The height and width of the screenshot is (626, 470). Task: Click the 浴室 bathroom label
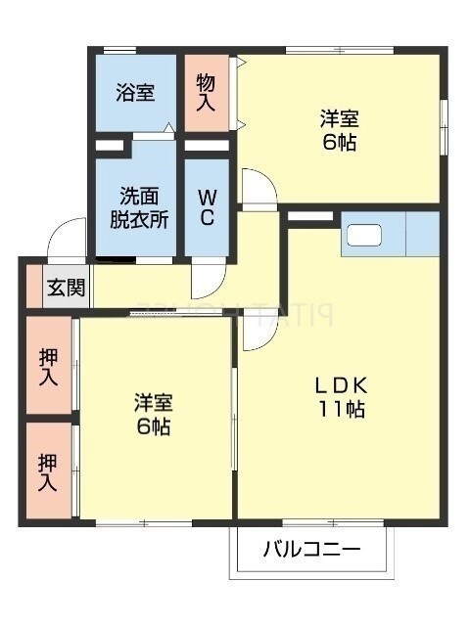click(135, 94)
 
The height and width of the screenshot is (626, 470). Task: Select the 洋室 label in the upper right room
click(339, 119)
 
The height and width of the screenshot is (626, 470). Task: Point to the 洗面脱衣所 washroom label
click(138, 207)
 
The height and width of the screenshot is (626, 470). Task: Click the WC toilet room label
click(208, 207)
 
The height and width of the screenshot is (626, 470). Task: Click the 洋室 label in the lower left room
click(154, 403)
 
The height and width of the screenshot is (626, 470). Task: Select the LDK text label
click(340, 383)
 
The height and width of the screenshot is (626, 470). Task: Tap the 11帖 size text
click(340, 410)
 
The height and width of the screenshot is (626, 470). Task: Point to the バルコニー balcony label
click(311, 550)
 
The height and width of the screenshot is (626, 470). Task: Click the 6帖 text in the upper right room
click(339, 143)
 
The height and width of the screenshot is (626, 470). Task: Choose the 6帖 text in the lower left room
click(154, 427)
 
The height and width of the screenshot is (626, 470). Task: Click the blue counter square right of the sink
click(423, 235)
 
